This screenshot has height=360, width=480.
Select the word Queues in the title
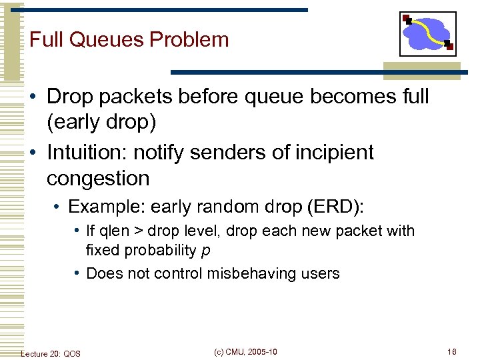pos(106,39)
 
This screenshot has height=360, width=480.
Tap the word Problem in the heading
pos(189,39)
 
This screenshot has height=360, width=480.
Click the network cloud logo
pos(428,33)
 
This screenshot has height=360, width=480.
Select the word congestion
pos(98,179)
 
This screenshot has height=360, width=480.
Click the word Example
pos(96,206)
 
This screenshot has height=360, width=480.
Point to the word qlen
pos(115,231)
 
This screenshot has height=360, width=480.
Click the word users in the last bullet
pos(319,273)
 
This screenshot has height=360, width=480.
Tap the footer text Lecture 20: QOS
pos(51,353)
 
